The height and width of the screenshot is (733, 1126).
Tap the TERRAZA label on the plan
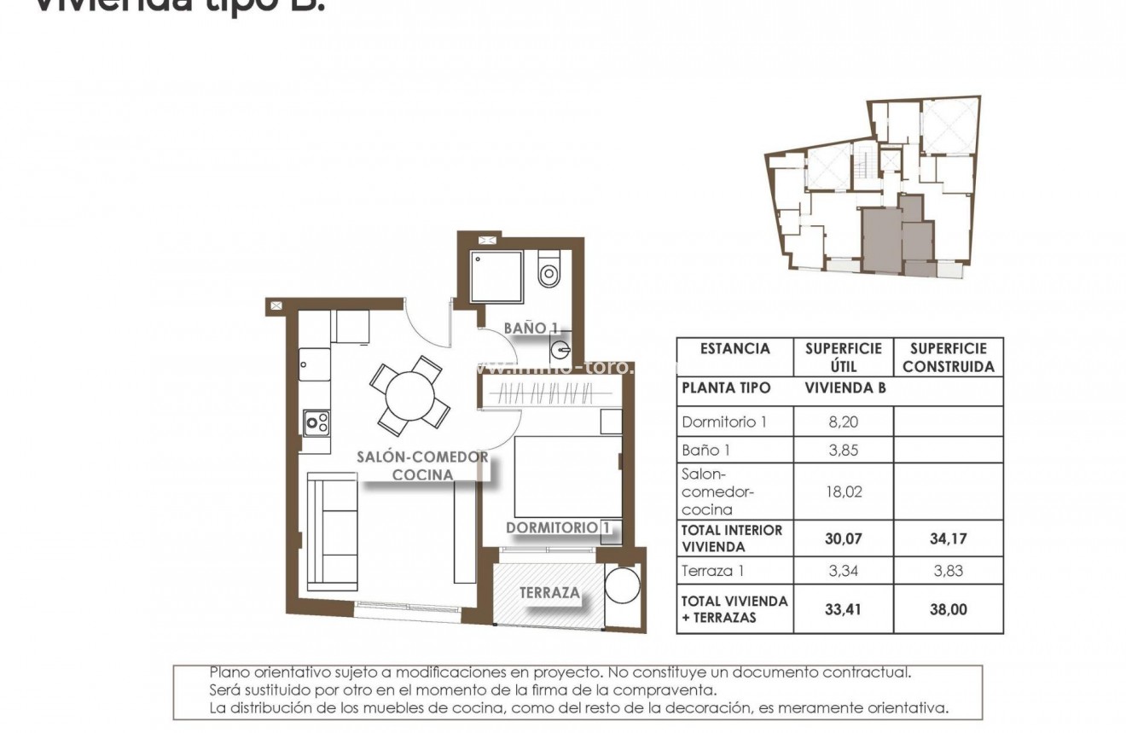(x=550, y=592)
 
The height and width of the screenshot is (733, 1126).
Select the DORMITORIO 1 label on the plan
(x=558, y=528)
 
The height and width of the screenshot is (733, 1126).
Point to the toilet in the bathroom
(x=548, y=271)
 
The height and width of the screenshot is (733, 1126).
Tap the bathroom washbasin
(x=560, y=349)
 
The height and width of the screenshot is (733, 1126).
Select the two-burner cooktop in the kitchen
(x=317, y=421)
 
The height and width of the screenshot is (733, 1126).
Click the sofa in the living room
(x=332, y=531)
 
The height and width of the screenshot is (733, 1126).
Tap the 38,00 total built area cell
(x=948, y=610)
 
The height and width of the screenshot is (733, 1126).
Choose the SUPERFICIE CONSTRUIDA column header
(x=948, y=358)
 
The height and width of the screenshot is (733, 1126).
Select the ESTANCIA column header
(x=734, y=349)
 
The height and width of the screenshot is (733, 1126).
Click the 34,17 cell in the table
(x=948, y=538)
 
